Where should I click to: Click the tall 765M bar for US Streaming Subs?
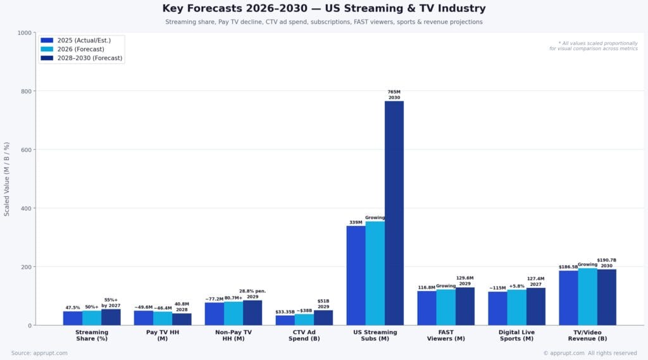[394, 213]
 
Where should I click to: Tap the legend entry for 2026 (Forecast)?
[80, 49]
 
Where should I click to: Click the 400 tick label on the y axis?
[25, 208]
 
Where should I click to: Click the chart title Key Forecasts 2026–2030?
[324, 8]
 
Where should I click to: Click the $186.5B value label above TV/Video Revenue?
[568, 267]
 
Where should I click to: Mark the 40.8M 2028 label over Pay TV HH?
[182, 306]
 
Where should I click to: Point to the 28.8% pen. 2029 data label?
[252, 294]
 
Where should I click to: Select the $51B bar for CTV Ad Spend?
[323, 318]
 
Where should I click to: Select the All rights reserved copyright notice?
[590, 353]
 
